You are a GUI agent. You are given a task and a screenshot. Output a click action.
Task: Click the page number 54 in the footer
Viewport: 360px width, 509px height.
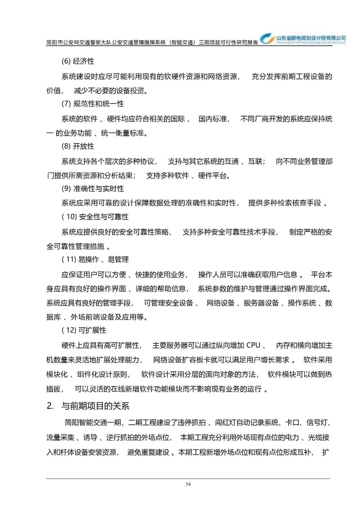tap(188, 484)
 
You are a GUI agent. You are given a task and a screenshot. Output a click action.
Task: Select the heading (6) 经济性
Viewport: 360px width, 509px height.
tap(78, 61)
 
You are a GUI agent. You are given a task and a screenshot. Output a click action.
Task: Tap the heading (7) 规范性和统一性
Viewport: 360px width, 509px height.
tap(93, 104)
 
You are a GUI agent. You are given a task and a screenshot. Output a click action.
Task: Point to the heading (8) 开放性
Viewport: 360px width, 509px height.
tap(78, 146)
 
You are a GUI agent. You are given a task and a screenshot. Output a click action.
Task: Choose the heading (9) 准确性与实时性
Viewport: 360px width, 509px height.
tap(93, 189)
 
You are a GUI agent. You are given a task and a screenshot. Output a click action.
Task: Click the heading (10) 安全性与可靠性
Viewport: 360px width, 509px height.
tap(95, 217)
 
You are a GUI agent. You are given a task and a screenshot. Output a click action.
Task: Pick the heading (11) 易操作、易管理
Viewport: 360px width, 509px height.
tap(95, 260)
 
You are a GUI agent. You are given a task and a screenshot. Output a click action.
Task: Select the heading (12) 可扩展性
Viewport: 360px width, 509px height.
tap(84, 330)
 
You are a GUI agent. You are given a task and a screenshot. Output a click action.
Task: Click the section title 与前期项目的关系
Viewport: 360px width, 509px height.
tap(95, 406)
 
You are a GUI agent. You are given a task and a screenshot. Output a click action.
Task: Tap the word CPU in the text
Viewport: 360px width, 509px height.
tap(253, 345)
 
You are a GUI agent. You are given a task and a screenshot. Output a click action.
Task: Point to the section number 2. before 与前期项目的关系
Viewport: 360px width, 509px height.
tap(50, 406)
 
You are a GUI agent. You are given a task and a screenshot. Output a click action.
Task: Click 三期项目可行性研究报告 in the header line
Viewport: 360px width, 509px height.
tap(228, 42)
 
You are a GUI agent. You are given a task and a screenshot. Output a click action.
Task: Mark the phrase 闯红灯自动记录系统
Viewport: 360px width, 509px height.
tap(247, 423)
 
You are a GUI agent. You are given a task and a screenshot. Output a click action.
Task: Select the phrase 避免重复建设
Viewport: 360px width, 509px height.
tap(148, 452)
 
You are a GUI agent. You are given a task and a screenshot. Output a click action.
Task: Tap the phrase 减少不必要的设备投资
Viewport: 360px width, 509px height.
tap(109, 91)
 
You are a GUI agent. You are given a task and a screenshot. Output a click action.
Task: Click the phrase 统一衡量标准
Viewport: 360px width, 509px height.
tap(123, 133)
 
